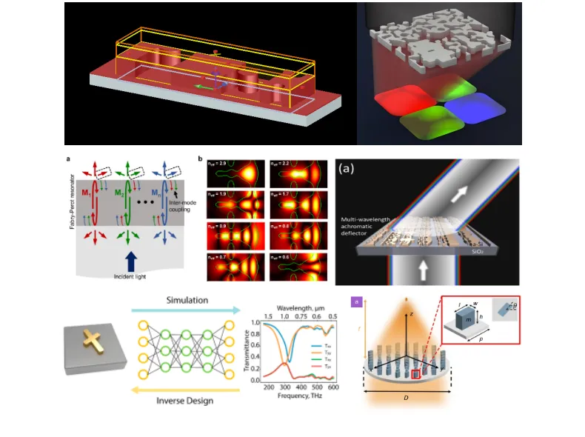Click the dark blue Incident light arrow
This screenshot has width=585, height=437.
point(130,259)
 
